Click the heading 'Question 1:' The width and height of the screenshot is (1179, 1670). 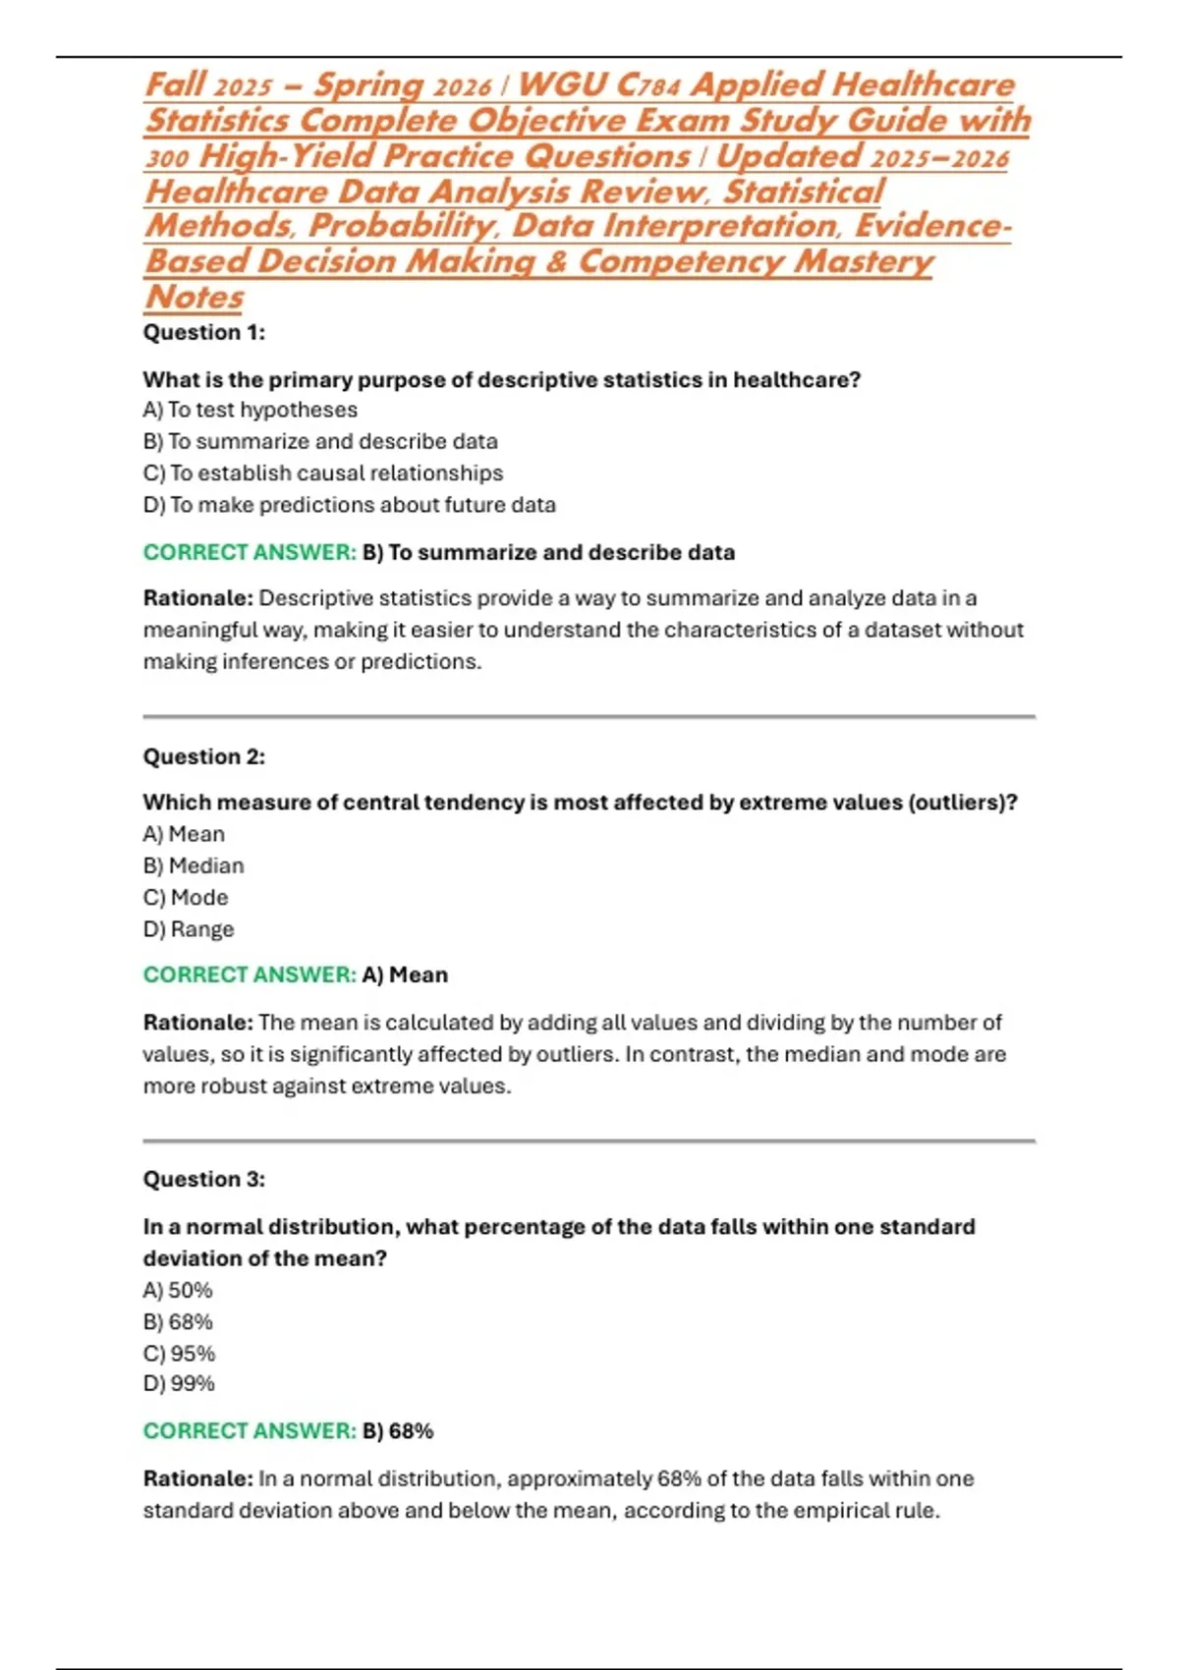click(x=203, y=332)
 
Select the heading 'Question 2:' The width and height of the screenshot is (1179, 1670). click(x=203, y=756)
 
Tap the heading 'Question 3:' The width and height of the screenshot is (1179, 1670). click(x=203, y=1179)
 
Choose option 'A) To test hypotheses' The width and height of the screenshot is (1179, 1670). click(x=250, y=410)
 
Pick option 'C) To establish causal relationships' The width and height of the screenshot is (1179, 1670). click(x=322, y=473)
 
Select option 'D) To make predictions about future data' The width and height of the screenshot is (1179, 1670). click(x=349, y=505)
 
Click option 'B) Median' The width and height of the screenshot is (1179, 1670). click(x=194, y=865)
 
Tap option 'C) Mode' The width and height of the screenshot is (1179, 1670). click(x=186, y=897)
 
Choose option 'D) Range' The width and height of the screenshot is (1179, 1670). click(x=189, y=929)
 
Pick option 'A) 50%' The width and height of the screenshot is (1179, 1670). click(x=178, y=1290)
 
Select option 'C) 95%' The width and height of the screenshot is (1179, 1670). click(x=179, y=1353)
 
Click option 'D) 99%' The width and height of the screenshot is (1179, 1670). click(x=179, y=1383)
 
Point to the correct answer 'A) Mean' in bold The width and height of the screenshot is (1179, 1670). click(x=405, y=974)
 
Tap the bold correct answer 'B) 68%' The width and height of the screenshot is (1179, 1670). click(x=398, y=1430)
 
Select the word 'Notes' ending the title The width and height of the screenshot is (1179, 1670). click(x=195, y=296)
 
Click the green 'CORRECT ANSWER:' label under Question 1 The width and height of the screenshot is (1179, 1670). click(x=250, y=552)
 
